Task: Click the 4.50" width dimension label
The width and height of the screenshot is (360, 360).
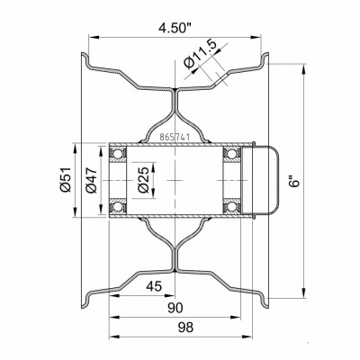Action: point(175,29)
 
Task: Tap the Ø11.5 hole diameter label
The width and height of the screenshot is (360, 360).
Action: point(201,54)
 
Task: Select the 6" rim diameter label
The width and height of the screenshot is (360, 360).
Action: point(295,180)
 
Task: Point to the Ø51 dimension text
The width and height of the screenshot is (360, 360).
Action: point(65,179)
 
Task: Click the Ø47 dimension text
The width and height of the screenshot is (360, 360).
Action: point(91,179)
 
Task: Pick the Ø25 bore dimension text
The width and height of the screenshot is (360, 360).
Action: point(142,179)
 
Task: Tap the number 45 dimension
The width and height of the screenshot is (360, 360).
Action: point(154,286)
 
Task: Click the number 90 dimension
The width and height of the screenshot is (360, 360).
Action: point(175,308)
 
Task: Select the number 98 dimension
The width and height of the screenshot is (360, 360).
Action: point(185,328)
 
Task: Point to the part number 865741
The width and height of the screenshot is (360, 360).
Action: point(175,138)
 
